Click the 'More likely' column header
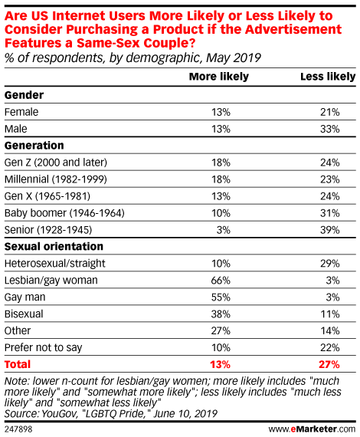(219, 77)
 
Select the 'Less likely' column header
(328, 77)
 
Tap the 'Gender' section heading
(24, 95)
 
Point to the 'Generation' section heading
(34, 146)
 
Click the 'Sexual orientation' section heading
(54, 246)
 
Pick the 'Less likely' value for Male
(330, 129)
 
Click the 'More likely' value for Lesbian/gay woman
(221, 281)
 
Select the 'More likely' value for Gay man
(221, 297)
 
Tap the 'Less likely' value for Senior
(330, 230)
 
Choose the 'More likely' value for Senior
(224, 230)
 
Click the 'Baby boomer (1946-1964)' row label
(64, 213)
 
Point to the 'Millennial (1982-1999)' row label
(56, 179)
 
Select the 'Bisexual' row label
(24, 314)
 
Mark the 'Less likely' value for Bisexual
(330, 314)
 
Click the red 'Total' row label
(18, 364)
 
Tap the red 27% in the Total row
(329, 364)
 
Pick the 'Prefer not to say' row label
(44, 348)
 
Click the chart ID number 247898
(18, 429)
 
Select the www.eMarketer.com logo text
(312, 429)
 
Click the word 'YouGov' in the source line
(58, 414)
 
